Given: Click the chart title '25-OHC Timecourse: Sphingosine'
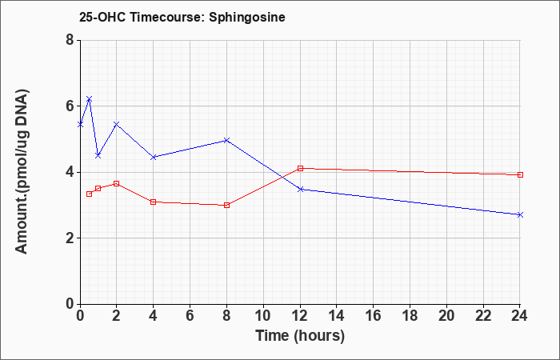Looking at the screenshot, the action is (x=182, y=17).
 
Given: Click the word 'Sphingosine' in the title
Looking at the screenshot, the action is (x=247, y=17).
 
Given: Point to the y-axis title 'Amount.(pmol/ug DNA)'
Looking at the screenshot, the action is (x=22, y=171).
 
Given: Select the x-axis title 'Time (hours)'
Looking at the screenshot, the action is (x=300, y=336).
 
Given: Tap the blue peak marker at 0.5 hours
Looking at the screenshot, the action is (x=90, y=99).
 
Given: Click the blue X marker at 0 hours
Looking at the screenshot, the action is (x=80, y=124).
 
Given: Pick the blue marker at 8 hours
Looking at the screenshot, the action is (x=226, y=140).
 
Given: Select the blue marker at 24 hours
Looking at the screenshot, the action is (x=520, y=214).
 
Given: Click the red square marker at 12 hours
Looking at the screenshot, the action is (x=300, y=168).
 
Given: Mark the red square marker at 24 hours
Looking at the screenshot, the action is (x=520, y=174).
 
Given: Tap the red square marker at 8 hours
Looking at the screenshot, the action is (x=226, y=205).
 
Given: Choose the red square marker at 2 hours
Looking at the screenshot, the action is (x=116, y=183).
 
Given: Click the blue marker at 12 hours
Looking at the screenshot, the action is (x=300, y=190).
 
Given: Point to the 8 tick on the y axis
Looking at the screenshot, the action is (x=70, y=40).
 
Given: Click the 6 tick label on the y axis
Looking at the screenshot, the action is (x=70, y=106).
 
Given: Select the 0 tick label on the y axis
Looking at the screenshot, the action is (x=70, y=304).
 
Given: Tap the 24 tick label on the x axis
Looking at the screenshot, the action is (x=520, y=316).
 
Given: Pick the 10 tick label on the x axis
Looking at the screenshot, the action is (x=263, y=316).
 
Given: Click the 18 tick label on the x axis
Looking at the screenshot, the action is (x=410, y=316).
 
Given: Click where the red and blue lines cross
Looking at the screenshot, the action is (x=282, y=177).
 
